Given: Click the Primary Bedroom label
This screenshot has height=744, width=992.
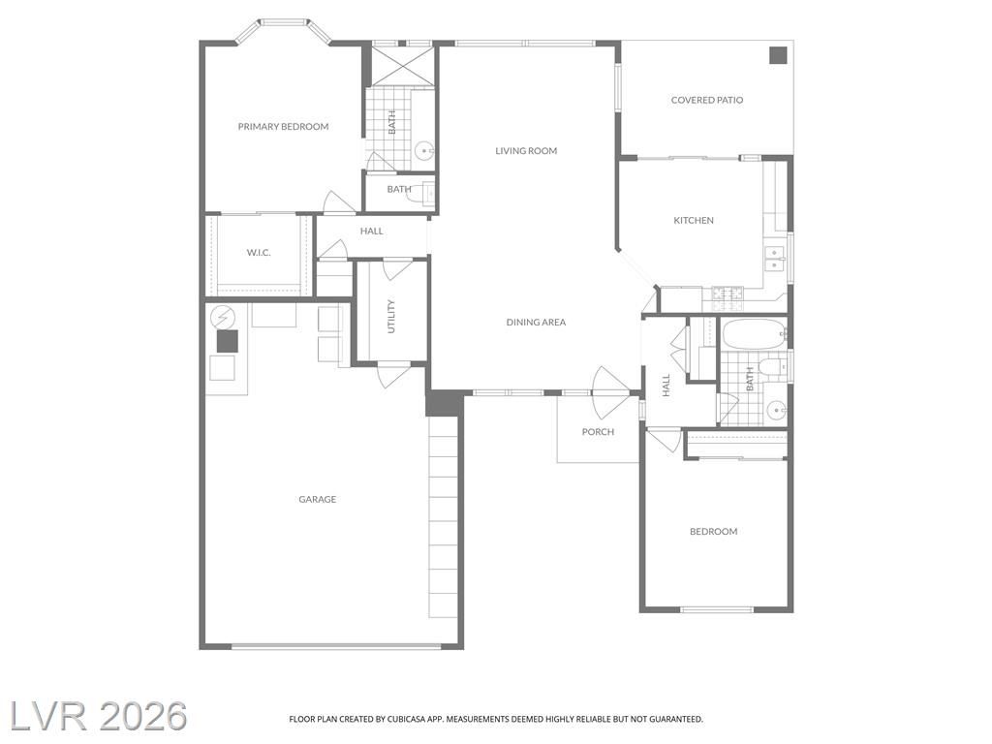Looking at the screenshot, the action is click(x=283, y=127).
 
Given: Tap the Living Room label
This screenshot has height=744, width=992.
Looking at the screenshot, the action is click(x=526, y=150).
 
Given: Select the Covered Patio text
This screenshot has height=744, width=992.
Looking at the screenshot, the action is click(x=706, y=100).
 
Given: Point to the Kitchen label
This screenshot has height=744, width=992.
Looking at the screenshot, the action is click(x=694, y=220).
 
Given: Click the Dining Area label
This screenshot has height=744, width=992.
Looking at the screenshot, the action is click(x=536, y=322).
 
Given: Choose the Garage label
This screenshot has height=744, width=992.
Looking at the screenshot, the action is click(x=317, y=499).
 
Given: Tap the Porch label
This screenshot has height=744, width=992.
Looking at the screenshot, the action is click(x=598, y=432).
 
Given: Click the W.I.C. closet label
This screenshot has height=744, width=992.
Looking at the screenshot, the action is click(x=258, y=253).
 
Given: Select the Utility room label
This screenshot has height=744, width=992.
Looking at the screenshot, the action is click(x=390, y=317).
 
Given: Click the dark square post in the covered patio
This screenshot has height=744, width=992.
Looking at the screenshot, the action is click(x=778, y=55).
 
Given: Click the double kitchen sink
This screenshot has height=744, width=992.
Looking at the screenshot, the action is click(x=774, y=259).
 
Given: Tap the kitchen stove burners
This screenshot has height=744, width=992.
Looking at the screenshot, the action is click(x=728, y=293).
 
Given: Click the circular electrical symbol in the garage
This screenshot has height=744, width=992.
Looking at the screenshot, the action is click(x=222, y=317).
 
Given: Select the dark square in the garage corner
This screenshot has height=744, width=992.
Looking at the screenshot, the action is click(x=227, y=341).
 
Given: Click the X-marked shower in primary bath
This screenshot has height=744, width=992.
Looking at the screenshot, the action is click(x=402, y=67).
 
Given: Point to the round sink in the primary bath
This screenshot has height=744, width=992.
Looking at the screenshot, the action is click(x=424, y=150).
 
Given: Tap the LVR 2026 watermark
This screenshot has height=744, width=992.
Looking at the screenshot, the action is click(x=98, y=717).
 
